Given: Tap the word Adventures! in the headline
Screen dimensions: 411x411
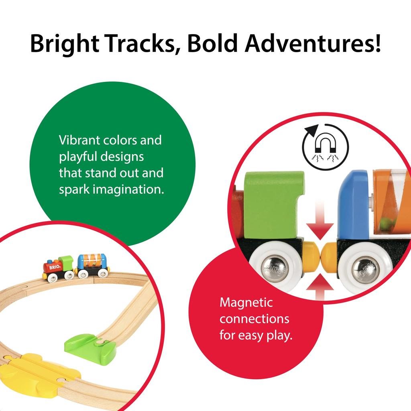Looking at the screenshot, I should click(x=313, y=43).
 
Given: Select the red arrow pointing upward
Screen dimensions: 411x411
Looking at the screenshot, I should click(x=319, y=287).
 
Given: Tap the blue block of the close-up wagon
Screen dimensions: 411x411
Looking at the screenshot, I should click(x=353, y=205).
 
